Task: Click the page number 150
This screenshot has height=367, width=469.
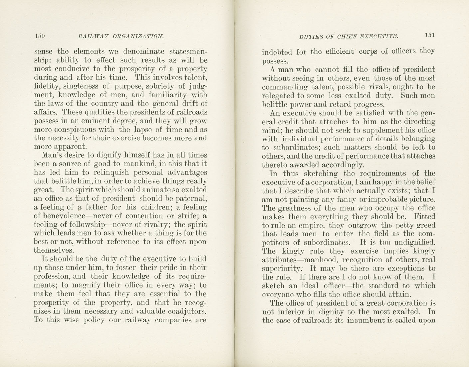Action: (40, 36)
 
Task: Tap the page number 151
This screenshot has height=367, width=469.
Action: (429, 35)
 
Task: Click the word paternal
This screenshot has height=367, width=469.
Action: (191, 199)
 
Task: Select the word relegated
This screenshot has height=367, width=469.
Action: (278, 96)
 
